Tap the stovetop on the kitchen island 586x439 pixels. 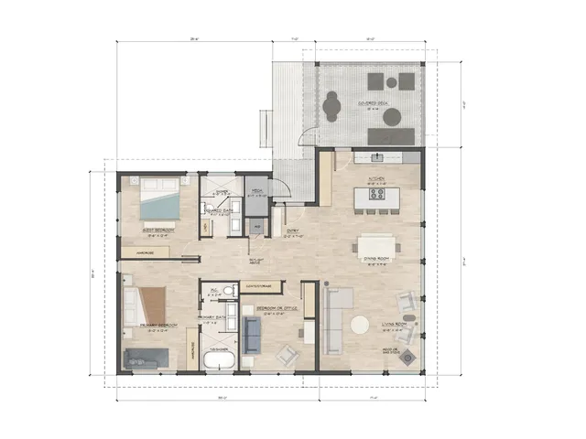(x=377, y=193)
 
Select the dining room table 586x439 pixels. (x=376, y=245)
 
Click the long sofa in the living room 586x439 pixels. (x=335, y=320)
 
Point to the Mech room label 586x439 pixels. (x=259, y=191)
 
